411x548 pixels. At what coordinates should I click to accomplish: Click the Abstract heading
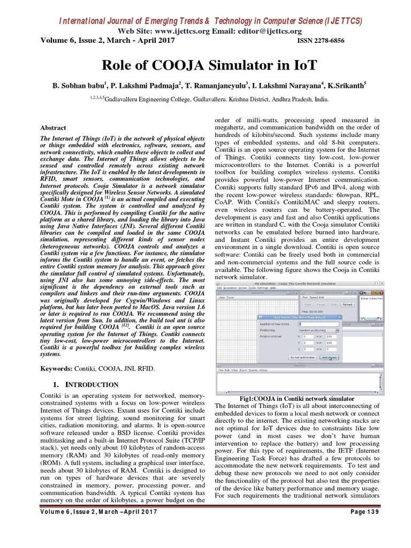point(54,128)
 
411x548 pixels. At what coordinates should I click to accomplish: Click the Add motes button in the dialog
point(329,357)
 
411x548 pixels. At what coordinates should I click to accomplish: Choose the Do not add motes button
point(302,357)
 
